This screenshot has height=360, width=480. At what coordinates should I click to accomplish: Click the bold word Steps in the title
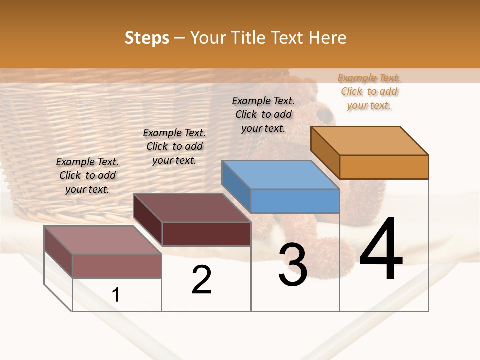(147, 38)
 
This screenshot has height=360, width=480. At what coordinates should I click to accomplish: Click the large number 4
(381, 249)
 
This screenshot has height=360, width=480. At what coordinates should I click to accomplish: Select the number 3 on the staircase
(293, 265)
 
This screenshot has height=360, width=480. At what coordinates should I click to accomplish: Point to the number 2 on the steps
(201, 280)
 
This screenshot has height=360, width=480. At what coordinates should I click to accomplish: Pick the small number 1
(116, 295)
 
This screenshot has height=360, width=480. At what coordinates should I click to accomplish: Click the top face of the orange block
(369, 140)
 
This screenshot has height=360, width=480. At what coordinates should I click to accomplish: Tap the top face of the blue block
(280, 175)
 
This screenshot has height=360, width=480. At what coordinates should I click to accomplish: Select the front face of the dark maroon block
(206, 234)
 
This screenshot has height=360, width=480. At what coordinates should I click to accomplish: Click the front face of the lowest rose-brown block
(117, 266)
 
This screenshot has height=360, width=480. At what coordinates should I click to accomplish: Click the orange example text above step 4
(369, 91)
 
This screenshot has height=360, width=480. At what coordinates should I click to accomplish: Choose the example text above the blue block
(263, 114)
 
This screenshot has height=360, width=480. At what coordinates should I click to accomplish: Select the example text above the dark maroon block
(174, 146)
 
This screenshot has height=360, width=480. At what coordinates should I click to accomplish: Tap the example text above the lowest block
(87, 175)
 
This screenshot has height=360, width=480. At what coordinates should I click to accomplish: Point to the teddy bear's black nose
(325, 116)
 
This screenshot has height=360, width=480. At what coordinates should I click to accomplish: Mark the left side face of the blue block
(236, 186)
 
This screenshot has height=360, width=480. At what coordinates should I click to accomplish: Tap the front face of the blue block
(295, 201)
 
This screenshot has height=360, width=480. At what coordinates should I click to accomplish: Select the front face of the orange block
(384, 167)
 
